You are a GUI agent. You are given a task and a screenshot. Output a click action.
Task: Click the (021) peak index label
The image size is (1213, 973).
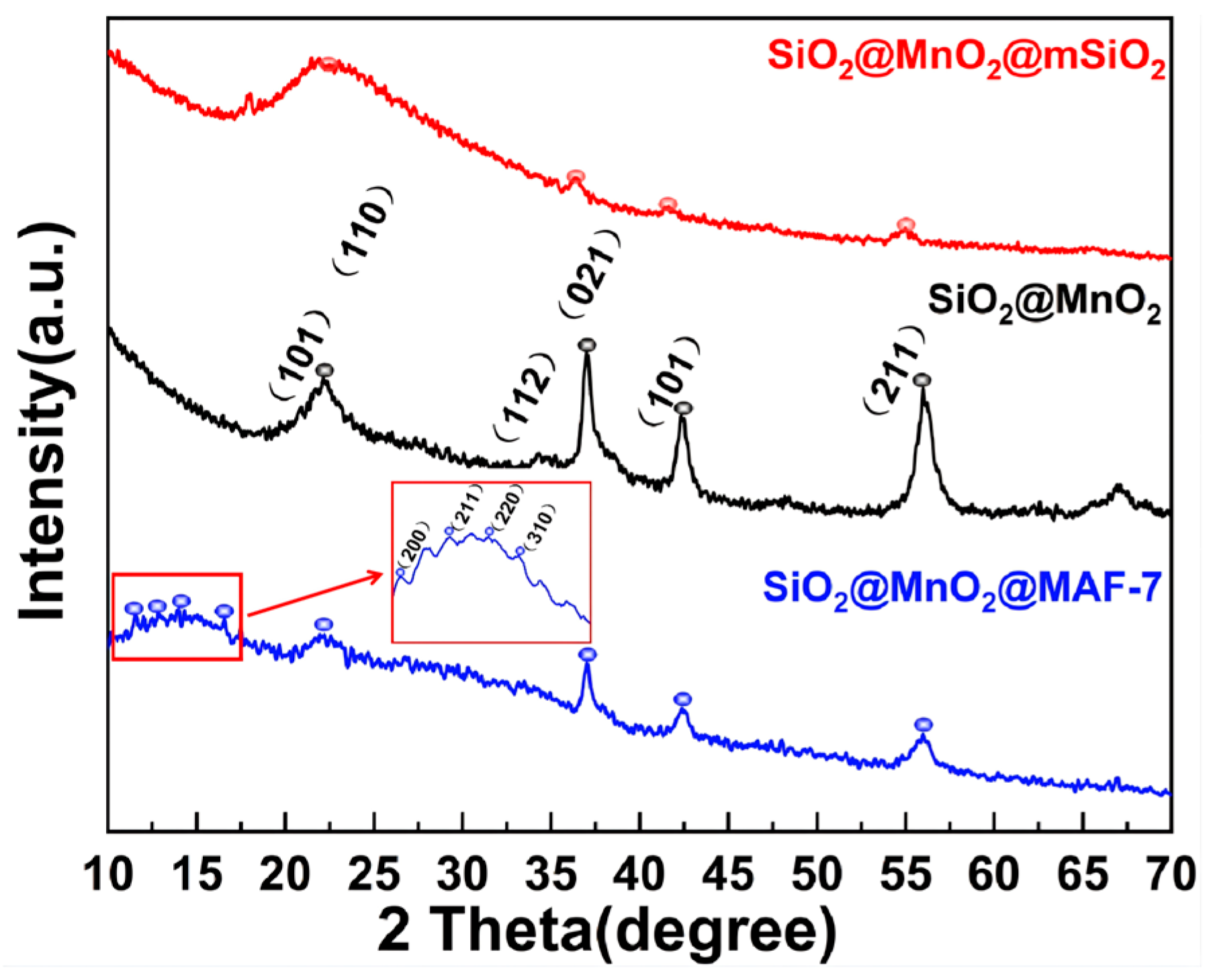coord(589,275)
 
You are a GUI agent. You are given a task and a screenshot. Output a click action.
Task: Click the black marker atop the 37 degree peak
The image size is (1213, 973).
coord(587,345)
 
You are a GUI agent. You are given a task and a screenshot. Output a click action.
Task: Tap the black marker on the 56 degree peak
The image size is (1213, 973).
coord(923,380)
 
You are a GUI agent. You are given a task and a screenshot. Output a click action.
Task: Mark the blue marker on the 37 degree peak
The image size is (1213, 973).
coord(588,654)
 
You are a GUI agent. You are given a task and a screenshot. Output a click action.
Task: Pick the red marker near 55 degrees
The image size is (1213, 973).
coord(906,224)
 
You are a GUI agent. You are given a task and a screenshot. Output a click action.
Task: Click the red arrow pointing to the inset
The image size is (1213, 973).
coord(316,593)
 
